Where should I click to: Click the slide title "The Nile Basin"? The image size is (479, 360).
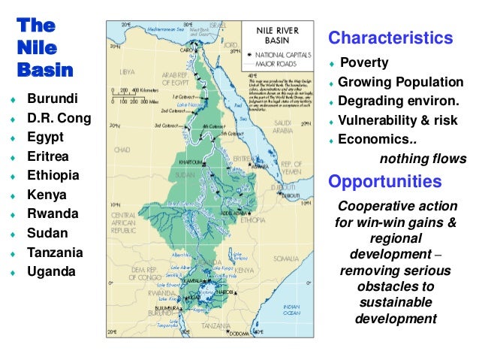click(x=45, y=47)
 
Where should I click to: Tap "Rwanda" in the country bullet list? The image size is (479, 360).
click(x=53, y=213)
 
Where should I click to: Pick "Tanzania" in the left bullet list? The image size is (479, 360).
click(x=55, y=253)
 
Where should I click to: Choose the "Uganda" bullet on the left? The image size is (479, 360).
click(x=51, y=271)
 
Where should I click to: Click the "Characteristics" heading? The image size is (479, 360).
click(x=390, y=38)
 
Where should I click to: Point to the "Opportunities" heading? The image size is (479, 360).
click(x=385, y=182)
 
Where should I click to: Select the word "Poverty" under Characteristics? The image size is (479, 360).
click(x=364, y=62)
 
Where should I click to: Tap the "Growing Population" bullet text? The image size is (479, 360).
click(x=400, y=82)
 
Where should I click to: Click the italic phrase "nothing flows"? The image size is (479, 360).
click(x=423, y=159)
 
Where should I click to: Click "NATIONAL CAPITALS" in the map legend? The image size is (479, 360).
click(x=283, y=54)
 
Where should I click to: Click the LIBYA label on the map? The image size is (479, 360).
click(x=128, y=71)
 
